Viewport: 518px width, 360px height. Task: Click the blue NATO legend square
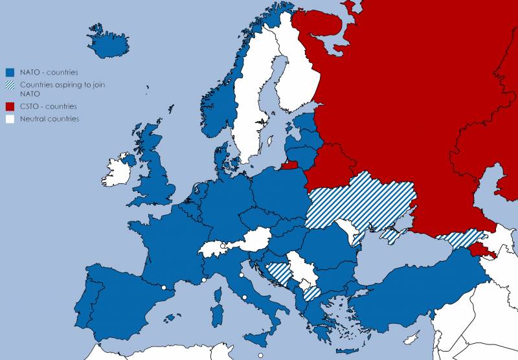(x=10, y=73)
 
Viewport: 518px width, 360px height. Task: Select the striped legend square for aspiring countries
(x=10, y=85)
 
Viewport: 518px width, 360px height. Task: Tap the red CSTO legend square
(x=10, y=106)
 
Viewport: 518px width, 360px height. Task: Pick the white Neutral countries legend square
(x=10, y=119)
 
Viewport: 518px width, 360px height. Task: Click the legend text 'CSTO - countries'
(x=49, y=106)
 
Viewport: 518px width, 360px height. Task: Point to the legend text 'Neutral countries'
(x=49, y=119)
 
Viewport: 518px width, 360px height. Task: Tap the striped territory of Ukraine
(x=359, y=201)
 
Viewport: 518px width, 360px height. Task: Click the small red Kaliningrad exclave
(x=291, y=166)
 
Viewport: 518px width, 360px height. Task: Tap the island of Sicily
(x=262, y=338)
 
